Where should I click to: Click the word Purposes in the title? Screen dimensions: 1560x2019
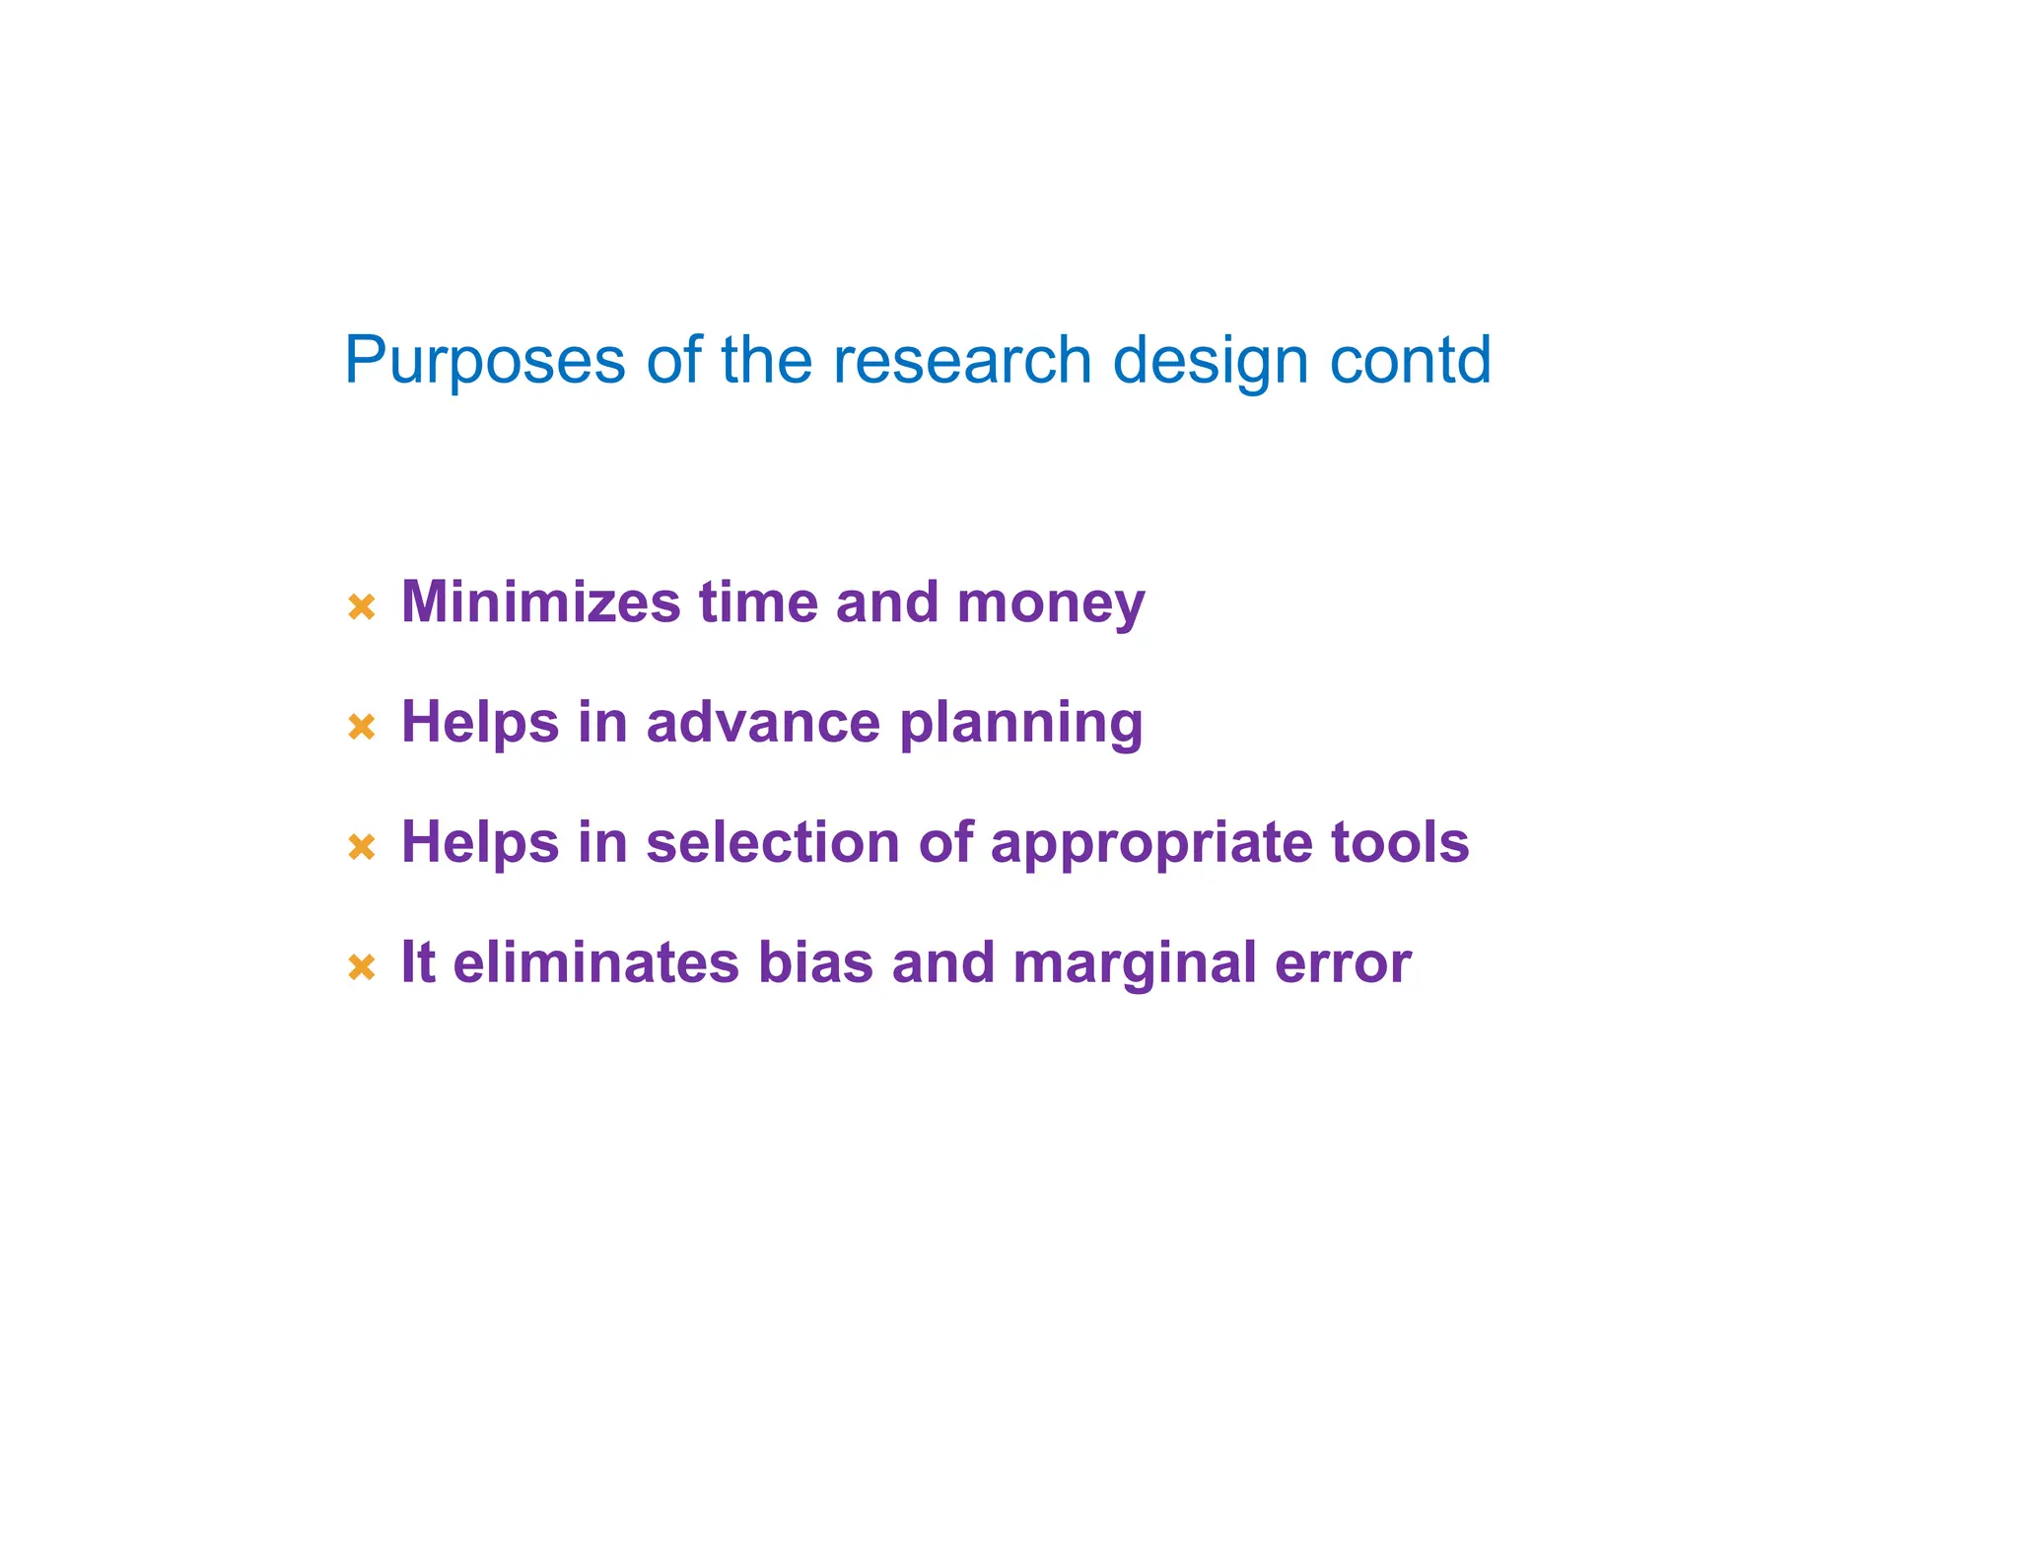click(x=484, y=362)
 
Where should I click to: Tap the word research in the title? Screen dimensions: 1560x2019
click(x=962, y=360)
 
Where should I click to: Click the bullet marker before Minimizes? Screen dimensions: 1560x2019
click(x=362, y=606)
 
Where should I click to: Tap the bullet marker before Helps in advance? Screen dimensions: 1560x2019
click(x=362, y=727)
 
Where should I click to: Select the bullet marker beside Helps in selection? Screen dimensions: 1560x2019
click(x=362, y=846)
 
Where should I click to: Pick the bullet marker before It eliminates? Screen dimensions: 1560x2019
click(x=362, y=966)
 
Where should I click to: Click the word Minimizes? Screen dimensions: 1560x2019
click(x=540, y=602)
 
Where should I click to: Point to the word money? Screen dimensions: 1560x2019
click(x=1051, y=603)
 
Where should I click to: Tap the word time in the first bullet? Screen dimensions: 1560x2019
click(x=758, y=602)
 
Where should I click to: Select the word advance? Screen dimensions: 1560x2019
click(x=763, y=722)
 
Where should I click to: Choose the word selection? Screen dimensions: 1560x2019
click(x=773, y=842)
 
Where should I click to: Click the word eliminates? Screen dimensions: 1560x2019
click(x=595, y=962)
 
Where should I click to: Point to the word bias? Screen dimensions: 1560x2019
click(x=815, y=962)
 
